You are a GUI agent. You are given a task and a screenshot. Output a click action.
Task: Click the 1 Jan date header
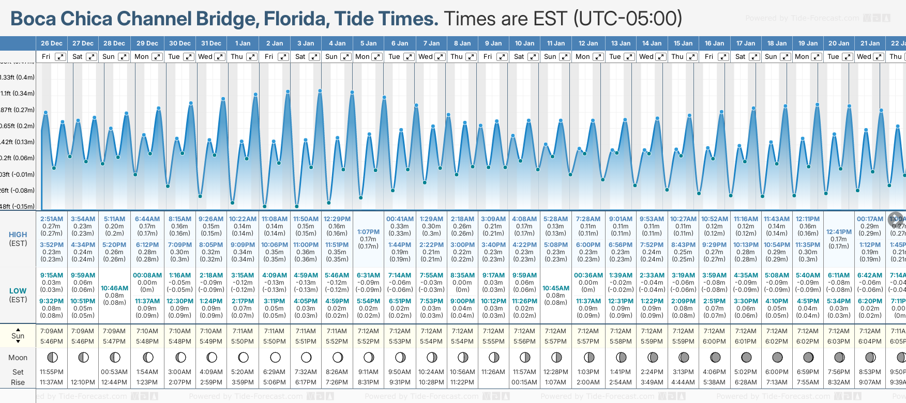pyautogui.click(x=243, y=43)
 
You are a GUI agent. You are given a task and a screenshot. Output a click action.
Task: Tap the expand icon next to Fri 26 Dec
pyautogui.click(x=61, y=57)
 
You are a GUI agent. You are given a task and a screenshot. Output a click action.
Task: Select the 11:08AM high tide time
pyautogui.click(x=274, y=219)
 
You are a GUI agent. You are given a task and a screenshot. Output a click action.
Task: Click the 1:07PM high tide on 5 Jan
pyautogui.click(x=368, y=232)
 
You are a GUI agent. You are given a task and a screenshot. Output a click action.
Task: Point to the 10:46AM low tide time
pyautogui.click(x=114, y=288)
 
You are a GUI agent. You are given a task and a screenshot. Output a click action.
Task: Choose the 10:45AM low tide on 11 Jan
pyautogui.click(x=556, y=288)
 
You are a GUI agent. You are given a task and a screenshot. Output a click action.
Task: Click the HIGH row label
pyautogui.click(x=18, y=235)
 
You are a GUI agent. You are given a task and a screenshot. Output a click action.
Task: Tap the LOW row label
pyautogui.click(x=18, y=291)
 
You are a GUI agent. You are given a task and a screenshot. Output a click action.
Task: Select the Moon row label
pyautogui.click(x=18, y=358)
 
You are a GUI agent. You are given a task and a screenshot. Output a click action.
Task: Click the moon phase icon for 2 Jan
pyautogui.click(x=275, y=358)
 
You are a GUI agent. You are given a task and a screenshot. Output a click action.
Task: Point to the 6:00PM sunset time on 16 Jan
pyautogui.click(x=714, y=342)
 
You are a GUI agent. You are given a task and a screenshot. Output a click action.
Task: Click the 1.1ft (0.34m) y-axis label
pyautogui.click(x=18, y=94)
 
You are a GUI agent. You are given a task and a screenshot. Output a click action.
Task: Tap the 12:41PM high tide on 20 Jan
pyautogui.click(x=839, y=232)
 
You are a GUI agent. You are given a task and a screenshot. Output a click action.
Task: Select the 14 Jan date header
pyautogui.click(x=652, y=43)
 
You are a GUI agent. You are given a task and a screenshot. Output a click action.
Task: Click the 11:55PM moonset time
pyautogui.click(x=51, y=372)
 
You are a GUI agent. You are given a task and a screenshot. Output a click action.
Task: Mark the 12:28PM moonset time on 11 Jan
pyautogui.click(x=555, y=372)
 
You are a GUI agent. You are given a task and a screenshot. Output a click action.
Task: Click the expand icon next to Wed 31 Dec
pyautogui.click(x=220, y=57)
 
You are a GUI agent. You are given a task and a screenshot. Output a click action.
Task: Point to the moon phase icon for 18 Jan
pyautogui.click(x=777, y=358)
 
